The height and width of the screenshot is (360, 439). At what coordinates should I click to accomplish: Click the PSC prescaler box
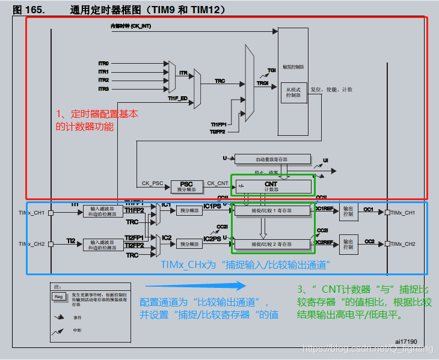pos(187,186)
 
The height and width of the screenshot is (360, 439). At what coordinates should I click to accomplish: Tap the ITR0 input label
pos(103,63)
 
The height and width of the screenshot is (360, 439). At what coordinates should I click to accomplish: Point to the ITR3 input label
pos(103,89)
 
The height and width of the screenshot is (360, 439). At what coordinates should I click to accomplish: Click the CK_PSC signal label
pos(152,183)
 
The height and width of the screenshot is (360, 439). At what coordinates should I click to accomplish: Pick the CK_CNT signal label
pos(218,183)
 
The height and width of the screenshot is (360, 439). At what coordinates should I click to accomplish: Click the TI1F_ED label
pos(177,97)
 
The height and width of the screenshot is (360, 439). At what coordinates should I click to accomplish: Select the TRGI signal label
pos(263,83)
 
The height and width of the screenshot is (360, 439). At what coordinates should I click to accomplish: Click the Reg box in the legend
pos(58,296)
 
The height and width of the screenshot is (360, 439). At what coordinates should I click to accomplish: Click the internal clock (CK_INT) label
pos(130,26)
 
